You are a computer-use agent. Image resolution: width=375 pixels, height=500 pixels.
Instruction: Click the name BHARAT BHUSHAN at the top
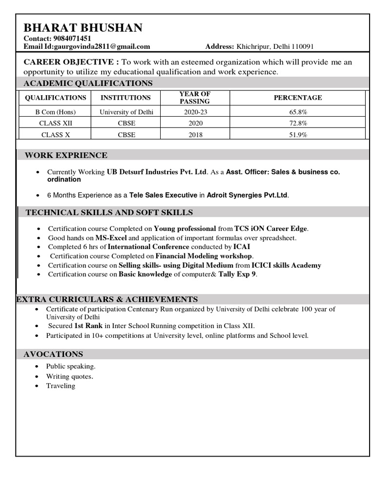[83, 28]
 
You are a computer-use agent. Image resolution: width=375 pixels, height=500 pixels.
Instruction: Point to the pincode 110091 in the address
[302, 47]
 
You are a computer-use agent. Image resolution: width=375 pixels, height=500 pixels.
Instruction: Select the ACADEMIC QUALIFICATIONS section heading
[88, 83]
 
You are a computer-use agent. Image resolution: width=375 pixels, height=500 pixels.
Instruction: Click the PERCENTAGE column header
[297, 98]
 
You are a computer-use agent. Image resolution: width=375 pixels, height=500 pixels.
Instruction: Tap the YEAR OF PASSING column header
[194, 98]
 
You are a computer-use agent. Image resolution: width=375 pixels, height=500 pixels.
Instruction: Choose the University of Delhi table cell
[126, 112]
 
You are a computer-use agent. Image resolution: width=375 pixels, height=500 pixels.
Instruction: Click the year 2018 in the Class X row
[195, 135]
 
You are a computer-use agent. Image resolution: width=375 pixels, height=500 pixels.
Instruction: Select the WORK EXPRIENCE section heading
[66, 155]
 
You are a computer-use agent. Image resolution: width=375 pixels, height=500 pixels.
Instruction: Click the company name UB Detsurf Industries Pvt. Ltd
[157, 172]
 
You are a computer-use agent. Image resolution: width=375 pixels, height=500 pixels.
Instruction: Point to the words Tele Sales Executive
[163, 195]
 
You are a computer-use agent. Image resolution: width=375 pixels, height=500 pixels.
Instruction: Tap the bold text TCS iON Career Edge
[271, 229]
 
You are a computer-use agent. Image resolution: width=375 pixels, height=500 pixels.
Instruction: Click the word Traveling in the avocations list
[61, 386]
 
